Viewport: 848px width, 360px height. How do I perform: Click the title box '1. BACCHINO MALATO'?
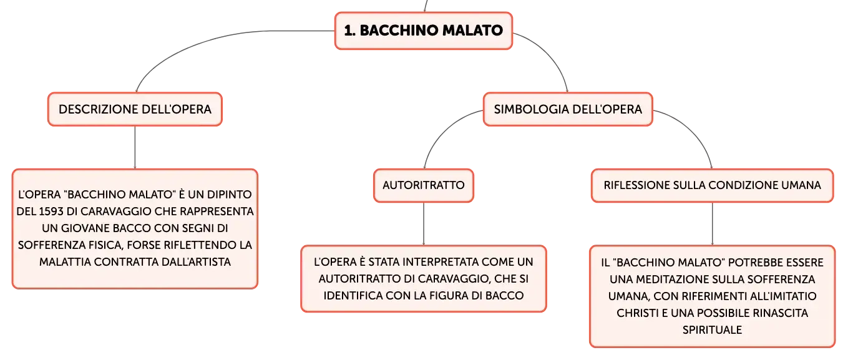click(x=424, y=31)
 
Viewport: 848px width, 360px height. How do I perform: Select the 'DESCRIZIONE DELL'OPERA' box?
click(x=135, y=109)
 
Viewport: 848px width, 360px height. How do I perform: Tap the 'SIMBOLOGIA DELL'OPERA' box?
click(x=568, y=109)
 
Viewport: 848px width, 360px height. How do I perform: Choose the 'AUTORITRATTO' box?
click(x=424, y=185)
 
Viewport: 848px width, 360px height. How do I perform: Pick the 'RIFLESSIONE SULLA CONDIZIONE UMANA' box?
click(x=712, y=185)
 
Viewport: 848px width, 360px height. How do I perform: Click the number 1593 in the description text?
click(x=51, y=212)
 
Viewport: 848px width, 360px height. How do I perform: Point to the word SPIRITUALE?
click(x=712, y=329)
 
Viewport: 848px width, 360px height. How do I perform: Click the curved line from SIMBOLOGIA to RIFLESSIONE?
click(x=693, y=130)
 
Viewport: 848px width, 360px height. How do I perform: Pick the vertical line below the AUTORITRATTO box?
click(x=424, y=224)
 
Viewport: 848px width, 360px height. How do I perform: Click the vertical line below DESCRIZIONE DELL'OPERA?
click(x=135, y=147)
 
